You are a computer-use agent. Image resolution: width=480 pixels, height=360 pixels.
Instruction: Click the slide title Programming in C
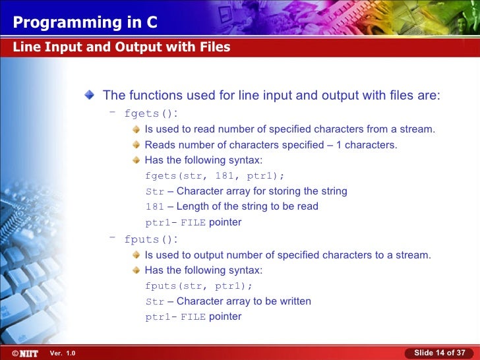[x=85, y=22]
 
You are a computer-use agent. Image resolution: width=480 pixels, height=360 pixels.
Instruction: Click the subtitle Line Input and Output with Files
[x=121, y=47]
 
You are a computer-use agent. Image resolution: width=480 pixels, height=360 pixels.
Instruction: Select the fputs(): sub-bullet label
[x=151, y=239]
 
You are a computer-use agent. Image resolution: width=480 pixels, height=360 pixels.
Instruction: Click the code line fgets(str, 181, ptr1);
[x=215, y=176]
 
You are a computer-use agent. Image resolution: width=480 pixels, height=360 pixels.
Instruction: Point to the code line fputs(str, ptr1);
[x=198, y=286]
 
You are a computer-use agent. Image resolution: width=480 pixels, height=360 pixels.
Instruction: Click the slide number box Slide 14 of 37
[x=439, y=353]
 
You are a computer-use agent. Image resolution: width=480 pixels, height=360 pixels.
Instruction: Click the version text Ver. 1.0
[x=63, y=353]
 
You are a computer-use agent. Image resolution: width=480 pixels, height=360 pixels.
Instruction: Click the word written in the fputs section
[x=294, y=301]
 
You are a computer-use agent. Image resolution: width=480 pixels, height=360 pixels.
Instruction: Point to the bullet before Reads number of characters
[x=136, y=145]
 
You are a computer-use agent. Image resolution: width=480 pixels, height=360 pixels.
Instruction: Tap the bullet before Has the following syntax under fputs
[x=136, y=270]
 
